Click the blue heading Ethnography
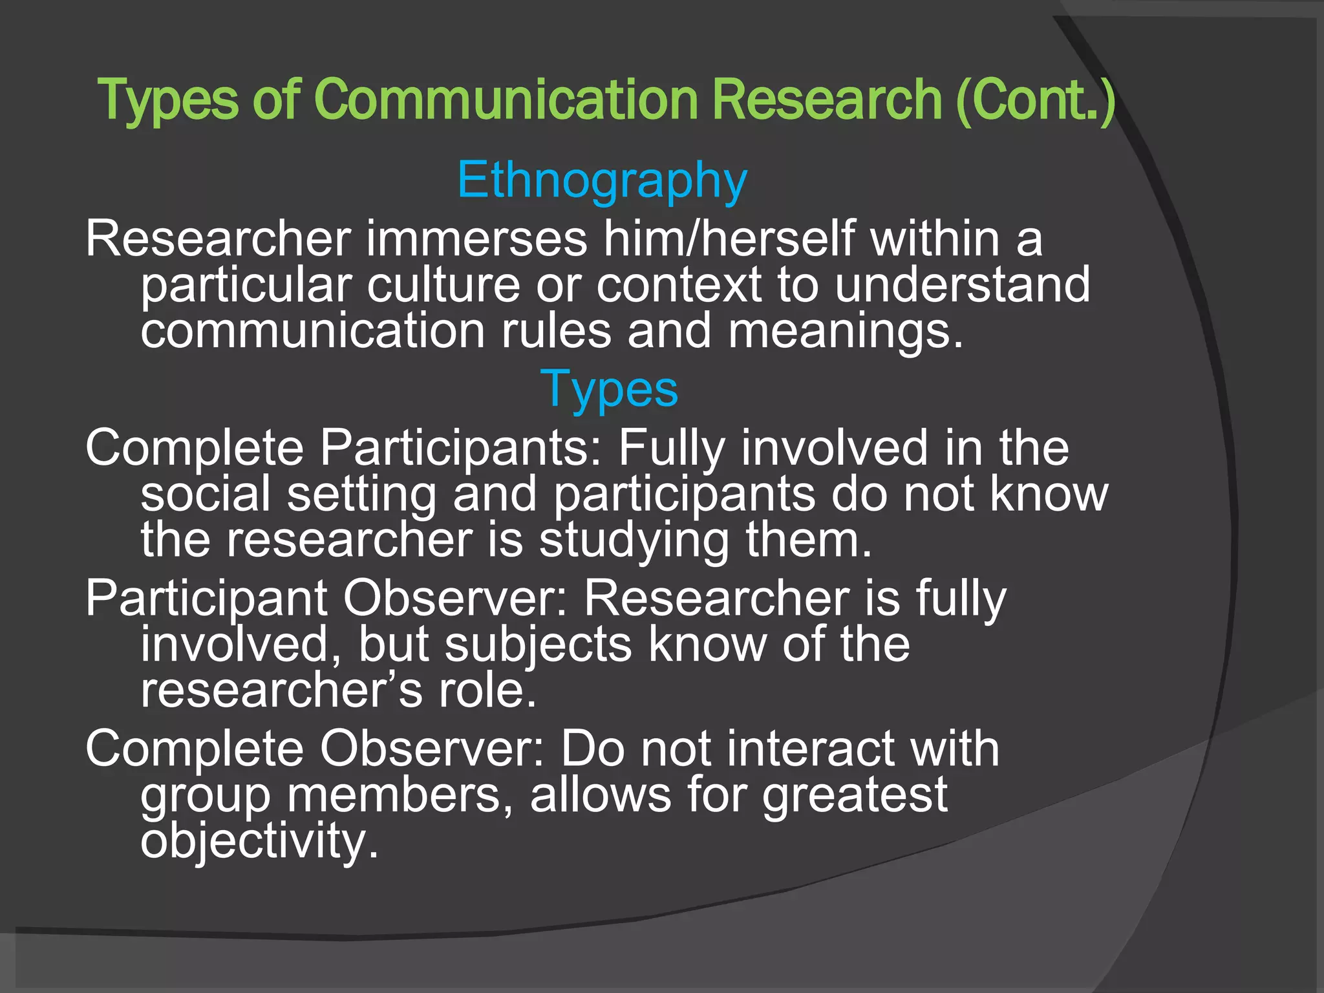[602, 180]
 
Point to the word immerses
[477, 239]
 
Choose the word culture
[443, 284]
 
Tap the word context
[678, 284]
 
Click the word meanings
[846, 331]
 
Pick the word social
[206, 494]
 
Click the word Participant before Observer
[206, 599]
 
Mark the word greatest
[855, 795]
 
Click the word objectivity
[259, 842]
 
